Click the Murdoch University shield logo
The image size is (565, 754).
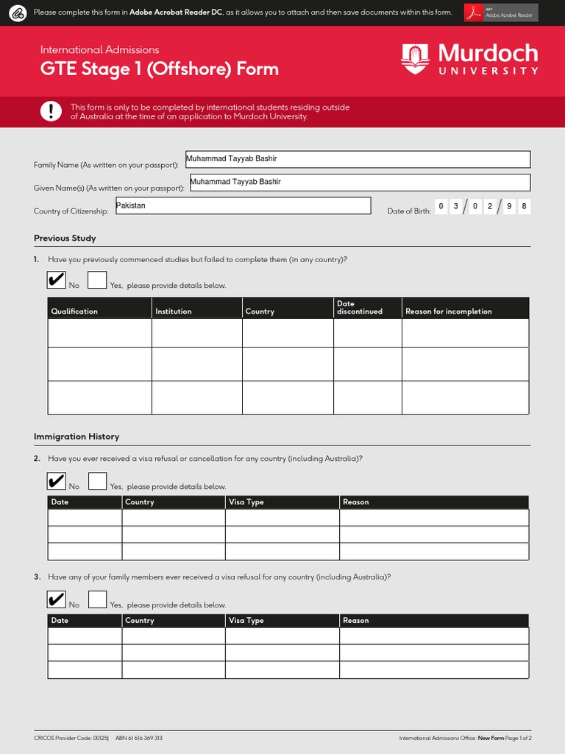point(415,59)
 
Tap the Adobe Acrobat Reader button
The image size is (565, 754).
point(501,13)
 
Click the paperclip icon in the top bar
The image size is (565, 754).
point(18,13)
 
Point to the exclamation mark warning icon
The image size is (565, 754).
point(51,111)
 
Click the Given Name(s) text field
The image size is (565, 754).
point(359,183)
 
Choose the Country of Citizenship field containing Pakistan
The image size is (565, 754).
point(243,205)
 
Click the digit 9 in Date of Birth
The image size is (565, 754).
point(507,207)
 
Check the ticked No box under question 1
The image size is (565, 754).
point(56,280)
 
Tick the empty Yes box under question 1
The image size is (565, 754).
point(97,280)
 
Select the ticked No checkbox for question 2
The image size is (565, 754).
point(56,481)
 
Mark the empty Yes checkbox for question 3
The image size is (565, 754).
point(97,599)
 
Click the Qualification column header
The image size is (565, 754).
point(74,311)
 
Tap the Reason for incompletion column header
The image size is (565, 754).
point(448,311)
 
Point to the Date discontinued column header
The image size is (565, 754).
point(359,308)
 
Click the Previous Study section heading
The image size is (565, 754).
point(65,238)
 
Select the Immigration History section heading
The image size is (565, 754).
point(77,437)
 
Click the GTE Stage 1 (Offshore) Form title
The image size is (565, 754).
point(160,69)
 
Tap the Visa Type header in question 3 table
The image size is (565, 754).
point(246,621)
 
